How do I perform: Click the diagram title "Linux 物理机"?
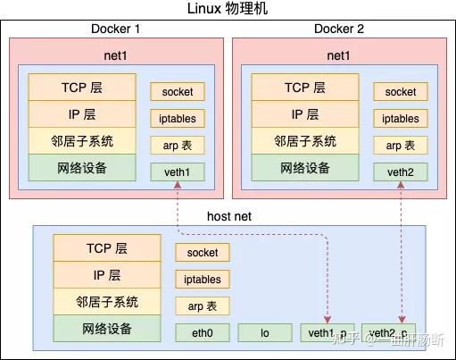[228, 9]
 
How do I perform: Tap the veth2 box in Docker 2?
[400, 171]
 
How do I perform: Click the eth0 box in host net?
[203, 332]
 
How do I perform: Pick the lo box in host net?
[265, 332]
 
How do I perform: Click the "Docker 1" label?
[115, 29]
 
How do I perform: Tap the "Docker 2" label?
[339, 29]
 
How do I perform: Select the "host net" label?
[230, 216]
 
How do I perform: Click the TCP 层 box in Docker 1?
[82, 88]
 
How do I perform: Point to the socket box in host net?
[203, 253]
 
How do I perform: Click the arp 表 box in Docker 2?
[400, 145]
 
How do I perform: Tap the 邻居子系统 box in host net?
[106, 302]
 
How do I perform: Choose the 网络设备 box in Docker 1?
[82, 167]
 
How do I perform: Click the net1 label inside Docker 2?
[339, 55]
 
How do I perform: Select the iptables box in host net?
[203, 280]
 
